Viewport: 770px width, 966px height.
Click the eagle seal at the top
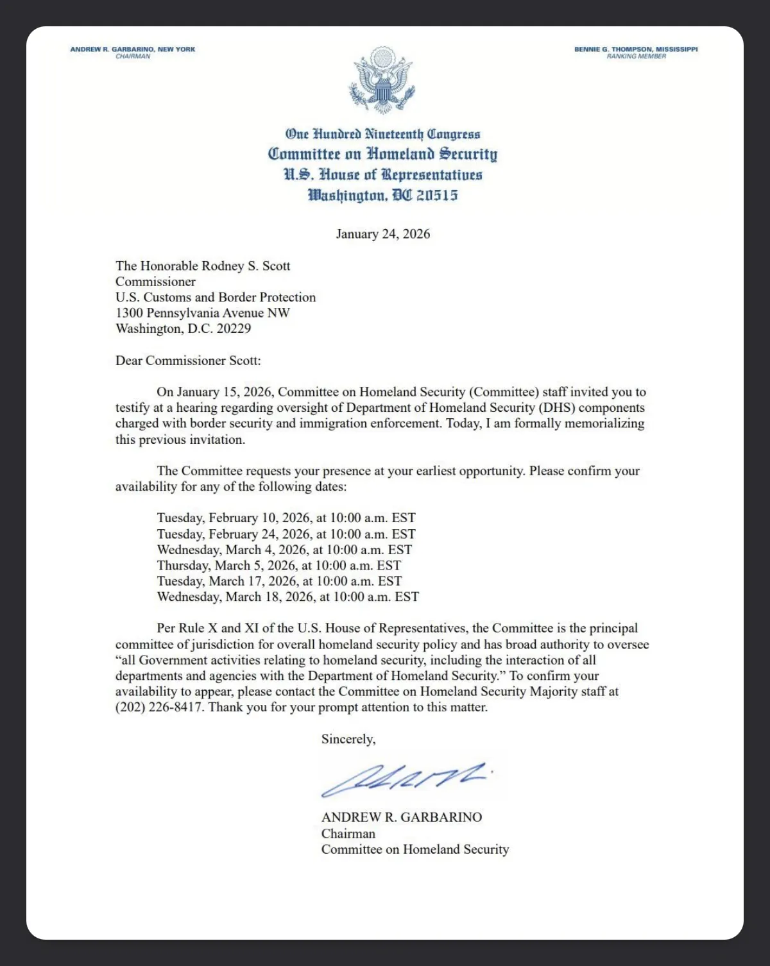[382, 80]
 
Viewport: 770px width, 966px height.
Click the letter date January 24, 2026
[383, 234]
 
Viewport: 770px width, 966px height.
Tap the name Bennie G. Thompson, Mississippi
[635, 49]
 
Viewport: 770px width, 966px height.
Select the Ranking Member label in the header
[636, 56]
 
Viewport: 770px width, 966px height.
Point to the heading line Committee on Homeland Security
[382, 155]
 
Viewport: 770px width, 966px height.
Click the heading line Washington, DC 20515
[382, 196]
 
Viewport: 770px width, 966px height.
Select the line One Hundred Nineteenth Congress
[382, 134]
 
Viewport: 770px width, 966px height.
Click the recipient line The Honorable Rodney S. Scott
[203, 266]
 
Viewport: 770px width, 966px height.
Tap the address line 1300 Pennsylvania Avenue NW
[203, 313]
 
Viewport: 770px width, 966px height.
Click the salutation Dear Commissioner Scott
[188, 360]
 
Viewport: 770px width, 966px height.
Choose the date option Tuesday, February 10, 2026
[286, 518]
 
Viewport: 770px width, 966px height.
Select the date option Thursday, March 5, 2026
[278, 566]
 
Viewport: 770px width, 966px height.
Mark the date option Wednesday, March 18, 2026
[287, 597]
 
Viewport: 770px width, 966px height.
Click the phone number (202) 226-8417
[159, 708]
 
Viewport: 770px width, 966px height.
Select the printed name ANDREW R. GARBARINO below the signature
[402, 818]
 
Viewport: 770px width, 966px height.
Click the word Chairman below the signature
[348, 834]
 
